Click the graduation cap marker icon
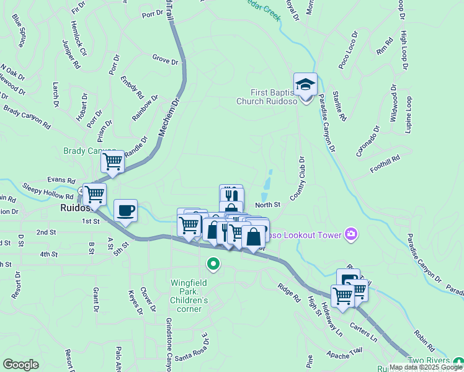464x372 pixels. [x=305, y=84]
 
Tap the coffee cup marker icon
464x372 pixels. [x=125, y=210]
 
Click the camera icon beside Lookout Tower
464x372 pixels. [x=352, y=234]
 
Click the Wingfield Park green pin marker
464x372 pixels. [x=213, y=265]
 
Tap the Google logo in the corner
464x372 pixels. [x=20, y=365]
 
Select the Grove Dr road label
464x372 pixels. [x=166, y=61]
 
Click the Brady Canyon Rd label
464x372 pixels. [x=27, y=116]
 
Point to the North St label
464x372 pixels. [x=268, y=204]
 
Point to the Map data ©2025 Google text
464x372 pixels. [x=426, y=367]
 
